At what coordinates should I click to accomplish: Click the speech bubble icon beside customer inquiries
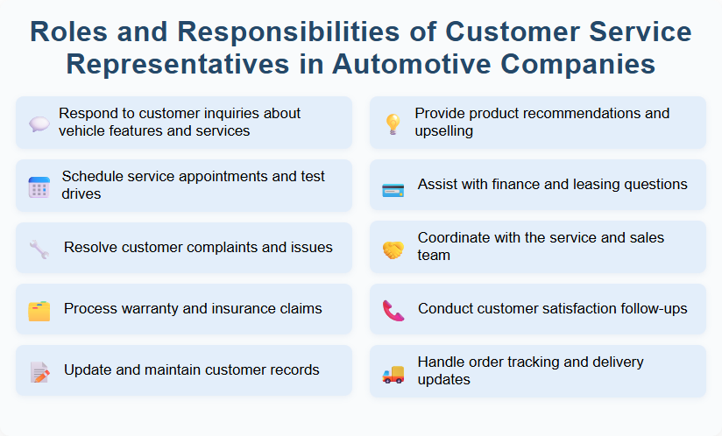pyautogui.click(x=39, y=123)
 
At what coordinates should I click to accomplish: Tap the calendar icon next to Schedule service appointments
pyautogui.click(x=39, y=186)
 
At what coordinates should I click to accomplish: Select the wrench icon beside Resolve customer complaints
pyautogui.click(x=39, y=249)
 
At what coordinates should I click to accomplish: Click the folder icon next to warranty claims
pyautogui.click(x=39, y=310)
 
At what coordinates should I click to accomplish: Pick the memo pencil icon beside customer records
pyautogui.click(x=39, y=371)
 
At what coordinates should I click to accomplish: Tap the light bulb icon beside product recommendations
pyautogui.click(x=393, y=123)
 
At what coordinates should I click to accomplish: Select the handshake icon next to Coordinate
pyautogui.click(x=393, y=249)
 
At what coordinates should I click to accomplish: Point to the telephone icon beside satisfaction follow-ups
pyautogui.click(x=393, y=310)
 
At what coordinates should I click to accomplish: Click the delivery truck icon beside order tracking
pyautogui.click(x=393, y=373)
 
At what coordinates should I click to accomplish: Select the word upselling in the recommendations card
pyautogui.click(x=444, y=131)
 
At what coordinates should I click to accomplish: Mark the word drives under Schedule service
pyautogui.click(x=81, y=193)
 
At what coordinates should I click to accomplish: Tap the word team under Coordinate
pyautogui.click(x=434, y=256)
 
